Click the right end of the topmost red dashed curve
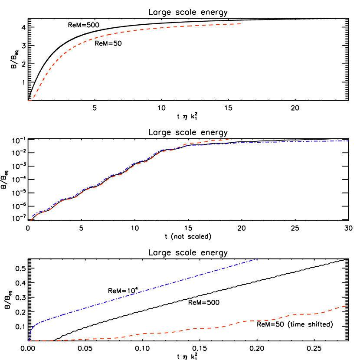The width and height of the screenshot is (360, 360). coord(241,24)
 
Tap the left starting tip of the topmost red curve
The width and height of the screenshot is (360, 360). coord(29,101)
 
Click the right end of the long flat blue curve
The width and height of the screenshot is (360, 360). coord(349,141)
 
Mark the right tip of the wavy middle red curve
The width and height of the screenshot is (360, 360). coord(229,139)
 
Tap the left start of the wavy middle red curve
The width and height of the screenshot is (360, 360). coord(31,221)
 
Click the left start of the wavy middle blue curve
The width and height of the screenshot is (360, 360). coord(32,216)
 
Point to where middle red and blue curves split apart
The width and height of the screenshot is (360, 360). coord(184,144)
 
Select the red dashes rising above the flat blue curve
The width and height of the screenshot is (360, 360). coord(208,141)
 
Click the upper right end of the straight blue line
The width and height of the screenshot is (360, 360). coord(257,259)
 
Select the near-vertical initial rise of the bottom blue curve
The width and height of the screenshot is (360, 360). coord(29,334)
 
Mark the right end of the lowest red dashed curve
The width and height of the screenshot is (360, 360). coord(346,306)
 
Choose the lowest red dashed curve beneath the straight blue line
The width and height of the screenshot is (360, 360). coord(195,329)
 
